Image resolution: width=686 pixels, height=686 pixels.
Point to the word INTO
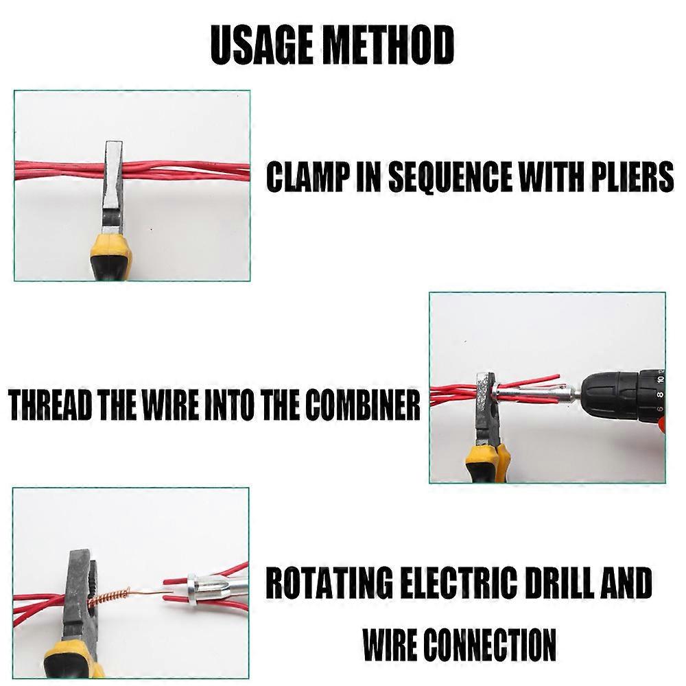point(226,406)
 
